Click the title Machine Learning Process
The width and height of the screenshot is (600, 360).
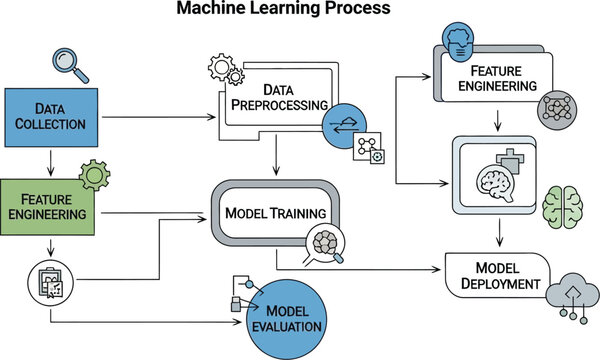[284, 11]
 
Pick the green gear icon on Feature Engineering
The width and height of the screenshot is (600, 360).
[95, 176]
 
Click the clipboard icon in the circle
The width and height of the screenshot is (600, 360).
[48, 282]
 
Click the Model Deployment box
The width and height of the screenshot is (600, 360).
[497, 274]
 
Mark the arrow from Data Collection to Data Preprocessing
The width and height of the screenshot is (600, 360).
[160, 118]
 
